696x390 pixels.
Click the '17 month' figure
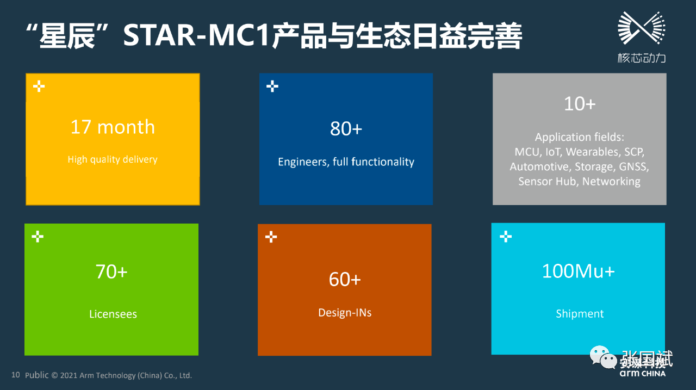tap(113, 127)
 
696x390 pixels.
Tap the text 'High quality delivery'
tap(113, 159)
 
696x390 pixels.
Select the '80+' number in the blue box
tap(346, 129)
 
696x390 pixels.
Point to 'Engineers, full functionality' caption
tap(346, 162)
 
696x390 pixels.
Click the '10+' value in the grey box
tap(580, 104)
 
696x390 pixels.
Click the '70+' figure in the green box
tap(111, 271)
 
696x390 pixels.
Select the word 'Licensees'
tap(113, 314)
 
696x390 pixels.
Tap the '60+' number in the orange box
tap(345, 279)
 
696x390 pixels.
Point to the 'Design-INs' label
tap(345, 313)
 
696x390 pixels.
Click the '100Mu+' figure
tap(578, 271)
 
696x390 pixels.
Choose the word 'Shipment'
tap(580, 314)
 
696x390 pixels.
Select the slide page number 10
tap(16, 375)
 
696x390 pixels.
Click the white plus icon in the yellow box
tap(39, 86)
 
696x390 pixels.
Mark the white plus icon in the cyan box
tap(506, 236)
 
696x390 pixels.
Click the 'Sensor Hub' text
tap(548, 182)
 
